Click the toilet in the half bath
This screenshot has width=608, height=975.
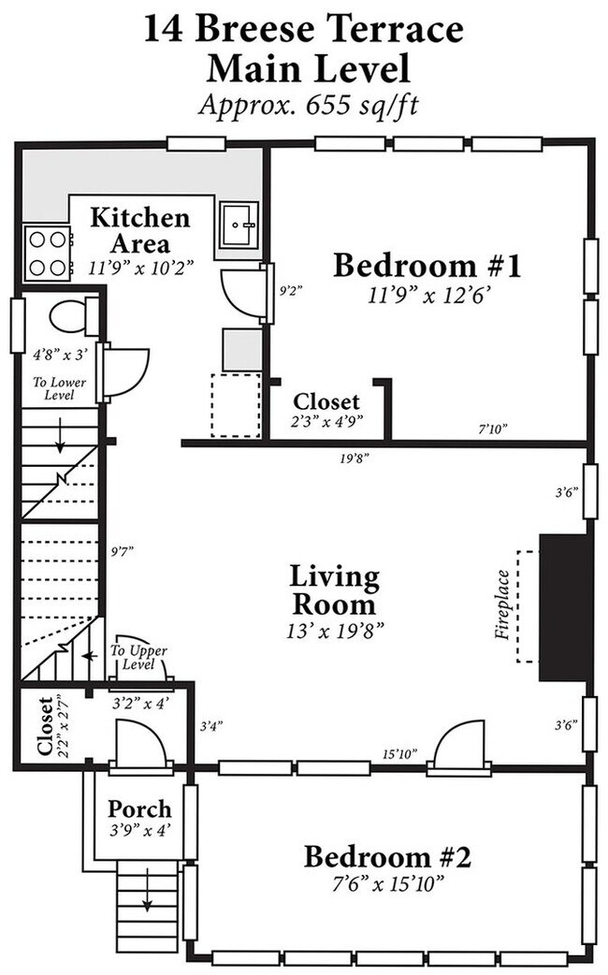[73, 316]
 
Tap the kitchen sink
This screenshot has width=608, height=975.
[239, 225]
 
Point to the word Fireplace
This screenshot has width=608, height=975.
[502, 605]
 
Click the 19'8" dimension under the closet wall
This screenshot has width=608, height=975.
[355, 458]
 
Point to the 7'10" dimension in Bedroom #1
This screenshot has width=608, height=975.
[493, 428]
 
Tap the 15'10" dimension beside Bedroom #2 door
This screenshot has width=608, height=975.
[398, 754]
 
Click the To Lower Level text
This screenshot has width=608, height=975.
[60, 388]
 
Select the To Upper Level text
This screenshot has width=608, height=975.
[138, 657]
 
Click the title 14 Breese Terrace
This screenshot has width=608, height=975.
[304, 29]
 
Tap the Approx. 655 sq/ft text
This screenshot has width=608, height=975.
[309, 104]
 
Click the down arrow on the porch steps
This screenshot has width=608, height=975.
[148, 889]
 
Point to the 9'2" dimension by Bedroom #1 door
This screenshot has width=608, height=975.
[290, 290]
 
